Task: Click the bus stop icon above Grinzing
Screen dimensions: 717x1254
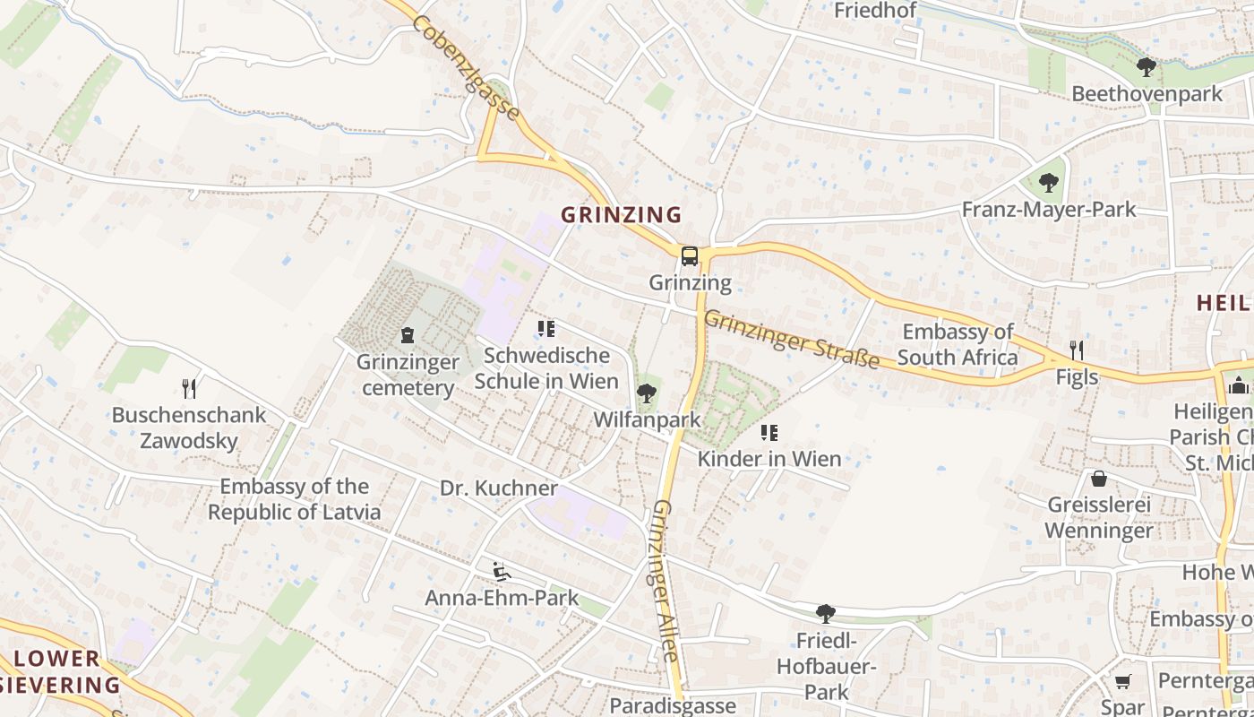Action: click(x=689, y=256)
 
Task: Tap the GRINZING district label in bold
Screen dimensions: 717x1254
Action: click(x=621, y=215)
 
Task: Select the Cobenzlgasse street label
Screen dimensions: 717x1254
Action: click(x=465, y=68)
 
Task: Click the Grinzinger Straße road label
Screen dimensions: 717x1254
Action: click(x=791, y=339)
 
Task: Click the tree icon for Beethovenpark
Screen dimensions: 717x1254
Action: click(x=1146, y=66)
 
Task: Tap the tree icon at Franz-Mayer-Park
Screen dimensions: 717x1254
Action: click(x=1048, y=183)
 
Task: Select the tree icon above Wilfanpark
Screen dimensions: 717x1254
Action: click(x=646, y=393)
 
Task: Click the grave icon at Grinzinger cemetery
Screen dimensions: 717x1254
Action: click(x=408, y=335)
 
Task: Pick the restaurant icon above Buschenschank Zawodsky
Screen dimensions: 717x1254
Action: click(x=189, y=388)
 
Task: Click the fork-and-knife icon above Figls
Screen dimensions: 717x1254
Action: click(x=1077, y=350)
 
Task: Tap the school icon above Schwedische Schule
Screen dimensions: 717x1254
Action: click(x=545, y=329)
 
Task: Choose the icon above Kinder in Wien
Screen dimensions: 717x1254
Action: click(x=769, y=433)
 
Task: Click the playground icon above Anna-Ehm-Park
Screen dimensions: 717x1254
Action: click(x=501, y=571)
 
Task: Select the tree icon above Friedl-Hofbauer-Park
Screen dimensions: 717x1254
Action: click(x=825, y=614)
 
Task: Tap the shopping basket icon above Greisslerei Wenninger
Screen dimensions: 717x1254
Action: click(x=1099, y=478)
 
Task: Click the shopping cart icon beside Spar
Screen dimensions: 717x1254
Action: click(x=1122, y=682)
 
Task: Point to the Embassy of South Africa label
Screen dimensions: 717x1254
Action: click(x=958, y=345)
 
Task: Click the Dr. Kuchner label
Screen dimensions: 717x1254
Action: click(x=499, y=488)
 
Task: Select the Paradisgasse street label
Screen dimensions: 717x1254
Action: click(x=673, y=705)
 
